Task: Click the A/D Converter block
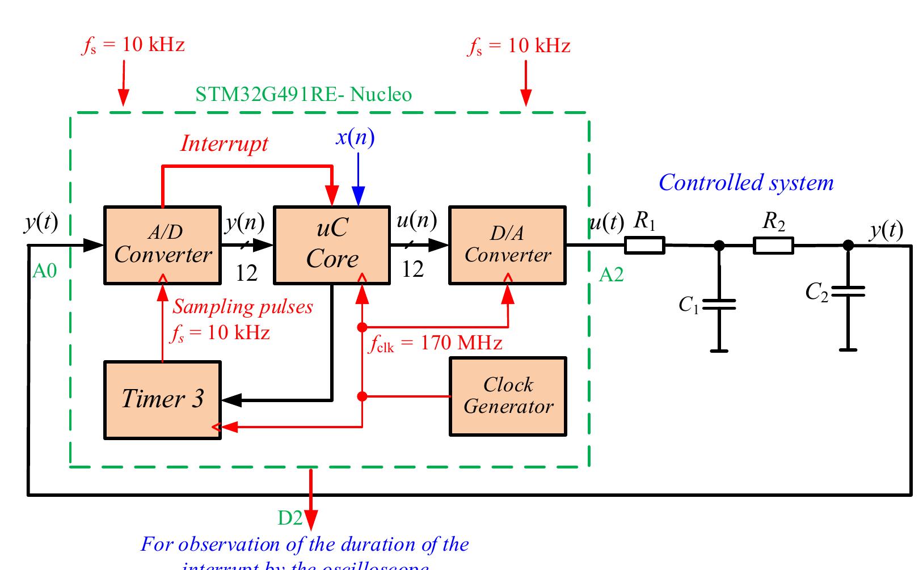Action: click(162, 244)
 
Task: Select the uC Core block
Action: click(332, 244)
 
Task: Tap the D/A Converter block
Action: click(507, 244)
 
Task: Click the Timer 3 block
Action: click(162, 399)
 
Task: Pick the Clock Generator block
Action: click(508, 396)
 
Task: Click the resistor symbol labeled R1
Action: click(644, 246)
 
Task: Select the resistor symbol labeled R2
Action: click(773, 246)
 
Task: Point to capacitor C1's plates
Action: click(719, 305)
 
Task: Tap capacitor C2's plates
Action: click(848, 292)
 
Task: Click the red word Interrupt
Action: click(224, 143)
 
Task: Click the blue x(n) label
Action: click(355, 137)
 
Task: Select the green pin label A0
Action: click(44, 272)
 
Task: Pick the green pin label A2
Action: click(611, 275)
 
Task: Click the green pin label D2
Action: click(290, 517)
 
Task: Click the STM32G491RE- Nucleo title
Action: click(304, 94)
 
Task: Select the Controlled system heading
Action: click(746, 183)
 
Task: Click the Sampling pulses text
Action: click(243, 307)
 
